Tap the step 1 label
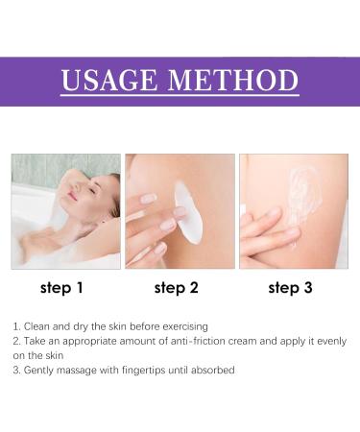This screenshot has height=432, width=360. click(x=62, y=286)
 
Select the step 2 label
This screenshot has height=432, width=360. click(x=178, y=286)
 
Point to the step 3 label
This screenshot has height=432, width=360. click(x=291, y=286)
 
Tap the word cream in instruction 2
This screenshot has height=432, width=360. click(x=253, y=341)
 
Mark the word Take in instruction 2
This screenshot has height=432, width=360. click(x=36, y=341)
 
